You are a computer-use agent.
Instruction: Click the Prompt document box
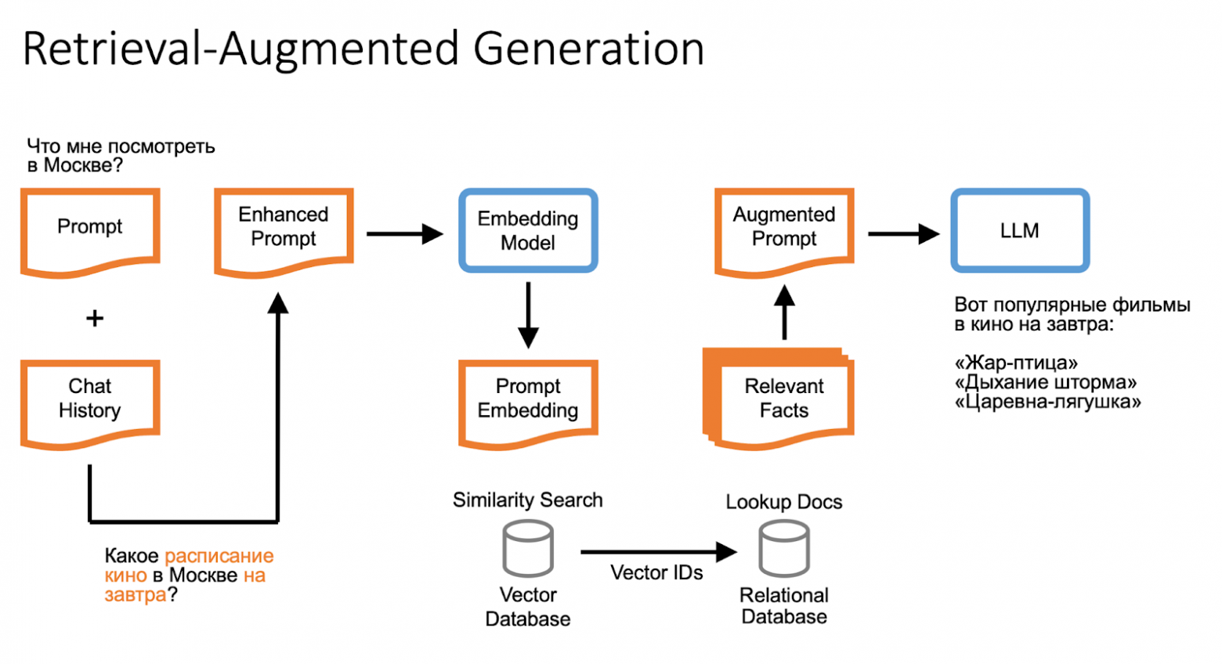90,231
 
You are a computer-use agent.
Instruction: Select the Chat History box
90,401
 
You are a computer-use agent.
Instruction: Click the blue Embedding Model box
528,230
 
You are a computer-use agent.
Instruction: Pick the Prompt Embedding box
528,401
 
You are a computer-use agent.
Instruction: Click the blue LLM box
1019,230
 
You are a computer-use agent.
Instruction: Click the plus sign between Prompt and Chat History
94,318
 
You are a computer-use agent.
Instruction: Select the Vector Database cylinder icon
528,548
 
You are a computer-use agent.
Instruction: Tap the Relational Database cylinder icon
784,548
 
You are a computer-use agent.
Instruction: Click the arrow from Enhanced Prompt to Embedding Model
404,233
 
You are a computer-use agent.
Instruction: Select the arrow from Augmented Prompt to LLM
903,233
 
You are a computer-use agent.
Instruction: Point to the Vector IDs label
656,572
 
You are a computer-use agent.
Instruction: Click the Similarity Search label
528,500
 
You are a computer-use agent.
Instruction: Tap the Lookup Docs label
784,502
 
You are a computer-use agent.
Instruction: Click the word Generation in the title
588,49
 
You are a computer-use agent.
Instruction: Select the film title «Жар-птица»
1016,363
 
